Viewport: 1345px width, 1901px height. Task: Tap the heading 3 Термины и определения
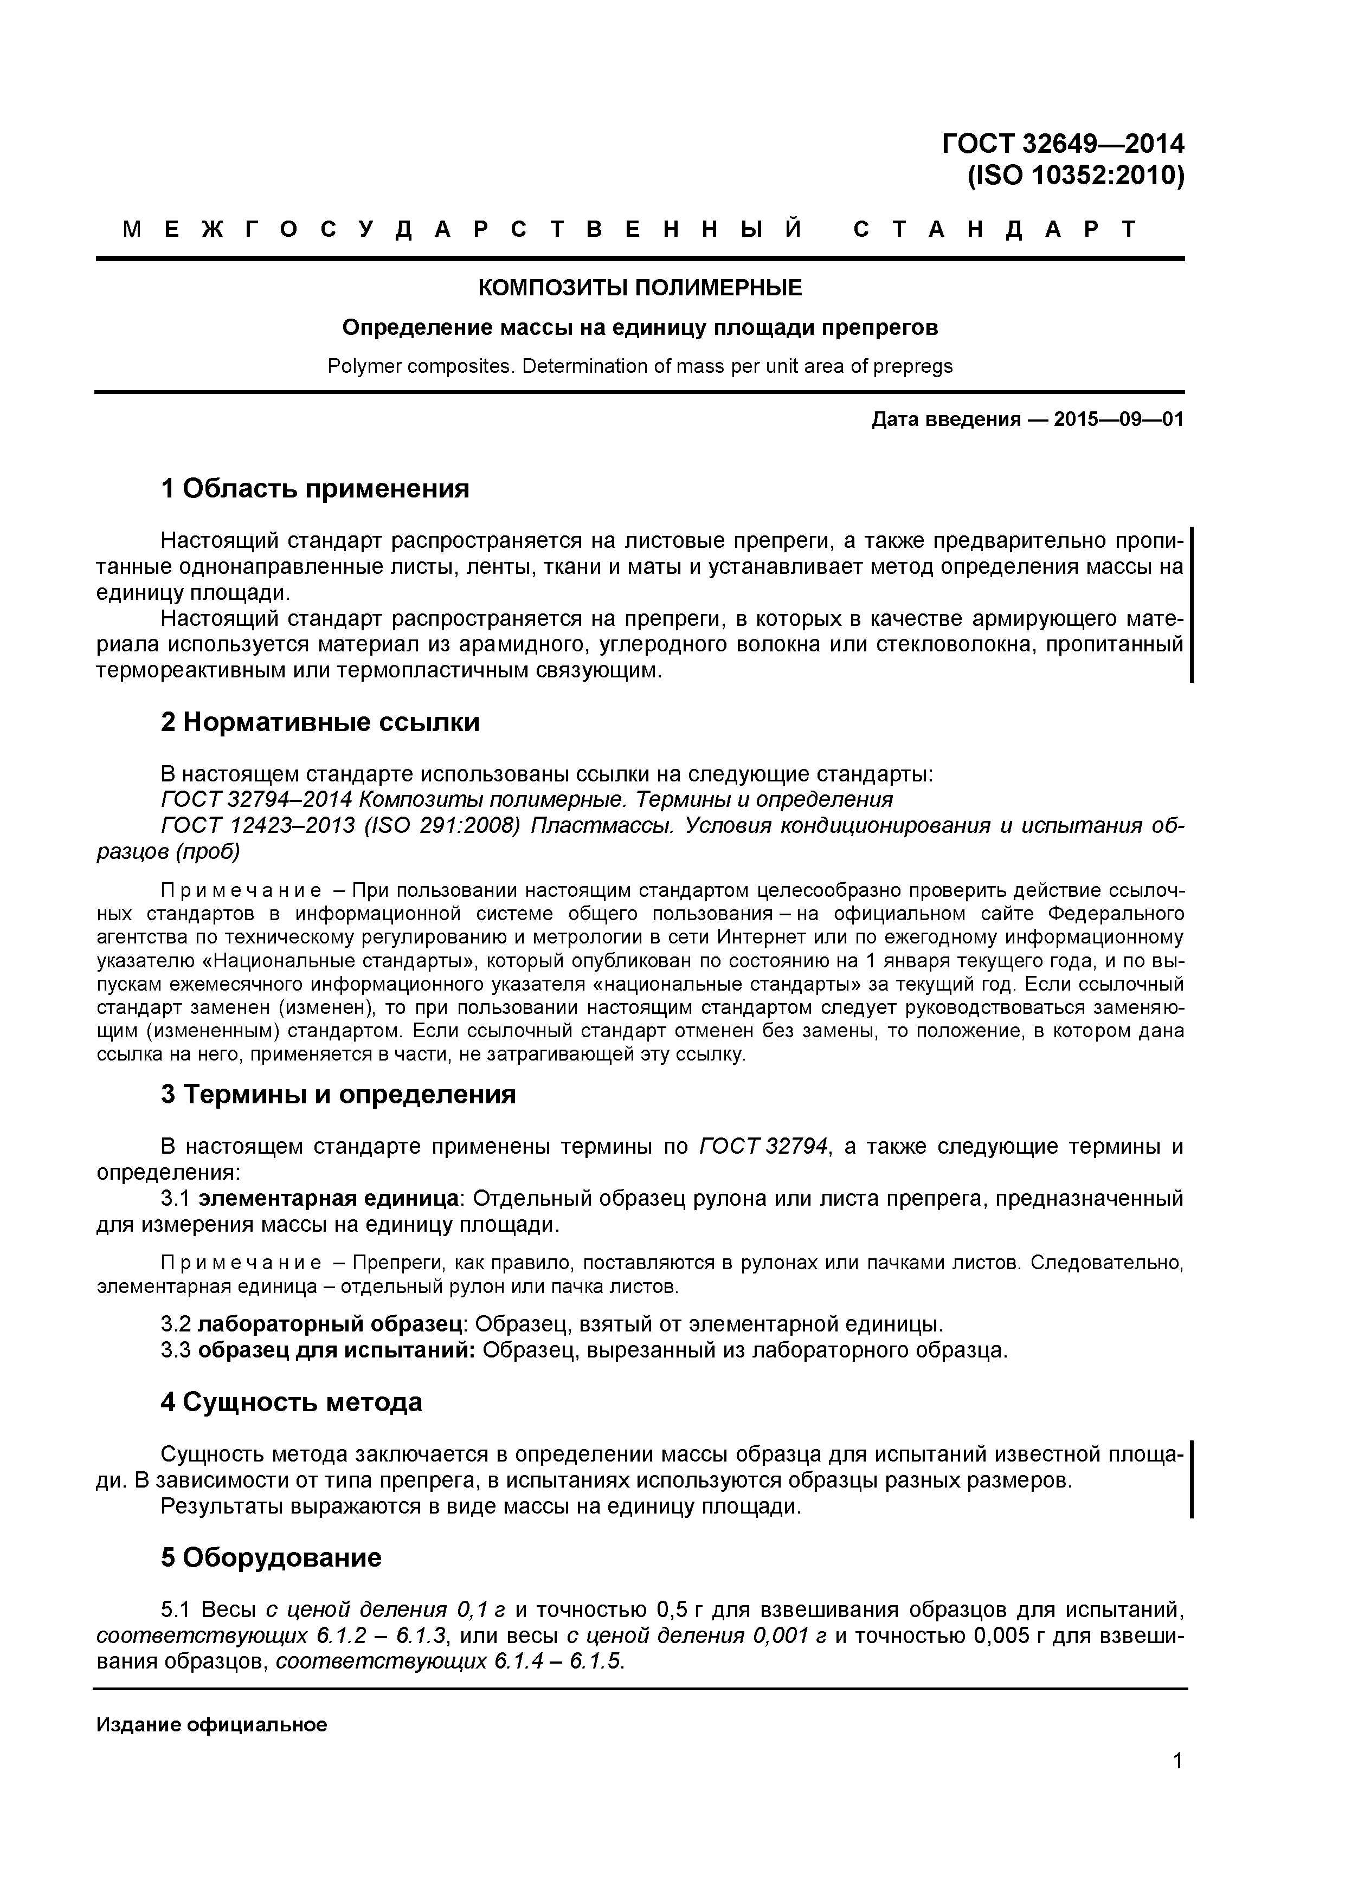click(338, 1095)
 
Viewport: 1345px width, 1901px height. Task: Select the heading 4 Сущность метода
click(292, 1402)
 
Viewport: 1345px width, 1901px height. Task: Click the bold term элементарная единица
click(330, 1198)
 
